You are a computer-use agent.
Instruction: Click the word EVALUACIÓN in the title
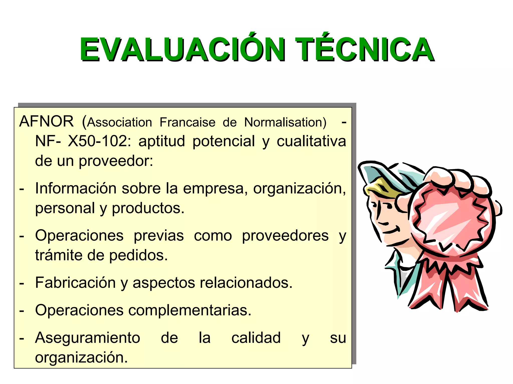coord(182,49)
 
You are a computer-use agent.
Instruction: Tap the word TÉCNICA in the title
coord(364,49)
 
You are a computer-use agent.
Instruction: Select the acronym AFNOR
coord(47,122)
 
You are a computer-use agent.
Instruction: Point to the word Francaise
coord(187,122)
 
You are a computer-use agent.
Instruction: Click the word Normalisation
coord(285,122)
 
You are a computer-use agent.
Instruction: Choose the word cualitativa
coord(311,141)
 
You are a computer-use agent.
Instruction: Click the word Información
coord(76,188)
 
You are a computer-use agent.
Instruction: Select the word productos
coord(148,208)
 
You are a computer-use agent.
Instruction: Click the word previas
coord(159,236)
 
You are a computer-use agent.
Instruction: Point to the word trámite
coord(58,255)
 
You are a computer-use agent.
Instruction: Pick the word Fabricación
coord(75,283)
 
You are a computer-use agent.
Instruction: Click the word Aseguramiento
coord(87,338)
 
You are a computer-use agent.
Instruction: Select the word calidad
coord(256,338)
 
